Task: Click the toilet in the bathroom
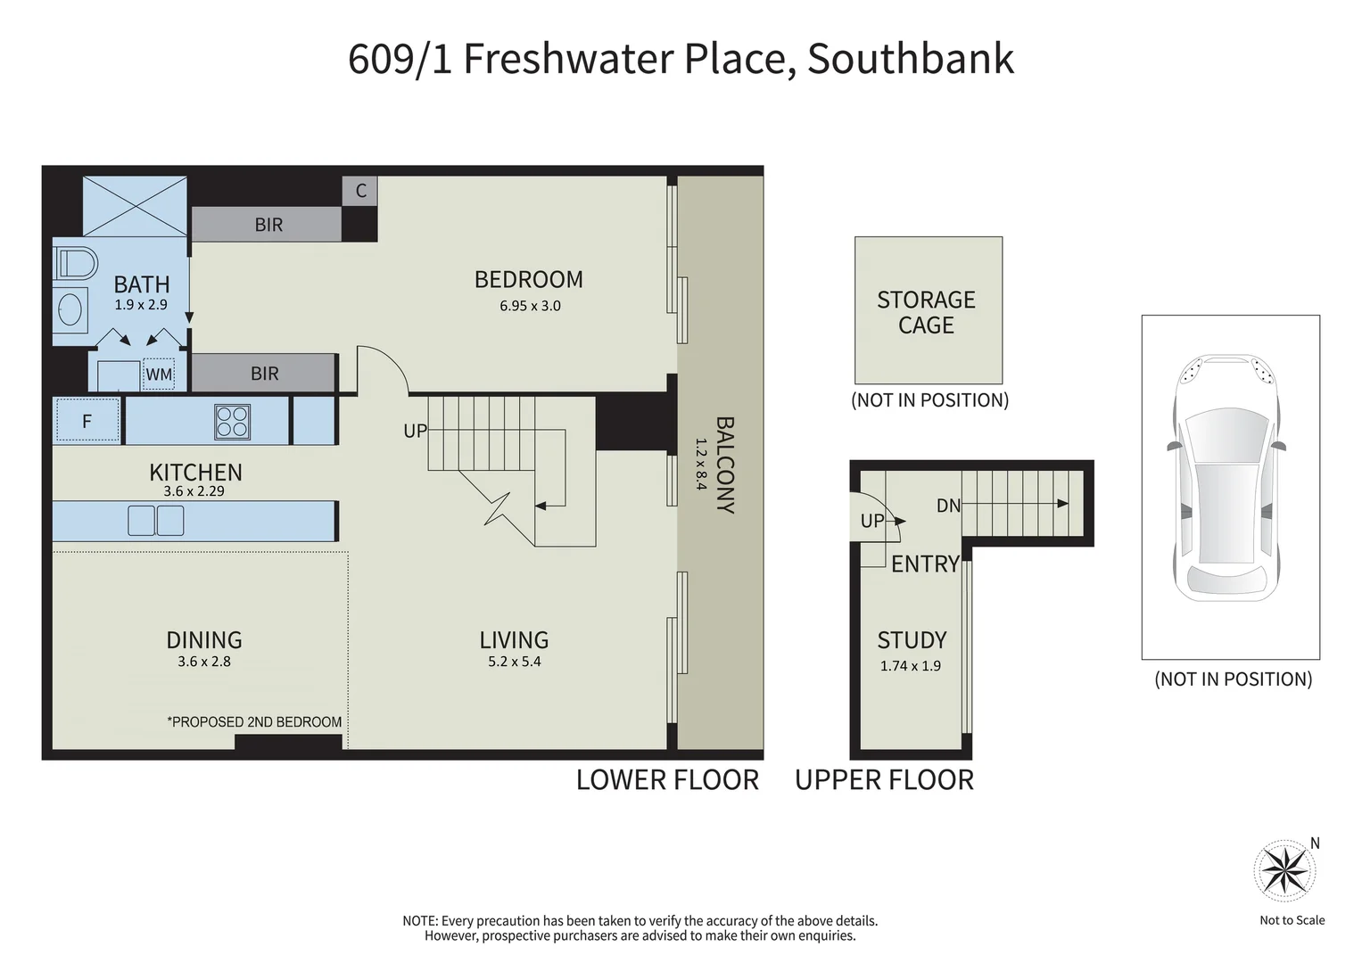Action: (x=77, y=264)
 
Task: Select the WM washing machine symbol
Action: (x=159, y=374)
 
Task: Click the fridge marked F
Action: (x=87, y=421)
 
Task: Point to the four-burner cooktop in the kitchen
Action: (x=232, y=422)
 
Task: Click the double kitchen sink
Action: (x=155, y=520)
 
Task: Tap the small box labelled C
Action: (x=360, y=191)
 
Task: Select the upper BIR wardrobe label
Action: (x=268, y=225)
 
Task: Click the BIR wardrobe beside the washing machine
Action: (x=264, y=374)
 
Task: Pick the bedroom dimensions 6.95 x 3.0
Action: (x=530, y=306)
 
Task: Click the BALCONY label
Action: (x=725, y=465)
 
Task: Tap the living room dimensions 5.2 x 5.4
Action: (x=515, y=662)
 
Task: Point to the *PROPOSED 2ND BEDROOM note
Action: (x=254, y=721)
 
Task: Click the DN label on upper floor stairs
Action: (x=948, y=506)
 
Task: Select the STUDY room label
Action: (x=912, y=640)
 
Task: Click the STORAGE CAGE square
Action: (x=928, y=310)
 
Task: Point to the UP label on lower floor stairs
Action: (x=415, y=431)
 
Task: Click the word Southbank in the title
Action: (x=910, y=59)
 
